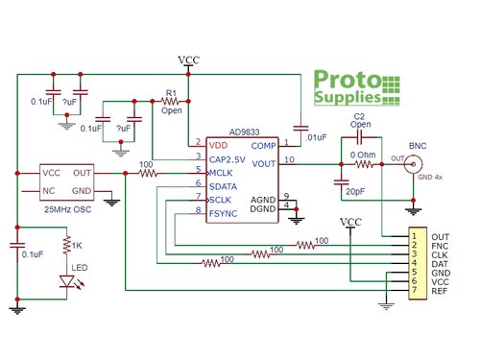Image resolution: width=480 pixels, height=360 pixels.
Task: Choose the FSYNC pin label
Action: [x=225, y=211]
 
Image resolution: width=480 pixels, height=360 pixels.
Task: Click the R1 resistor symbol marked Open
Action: [x=171, y=101]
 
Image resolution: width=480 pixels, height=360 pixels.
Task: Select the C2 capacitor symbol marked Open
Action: [x=361, y=141]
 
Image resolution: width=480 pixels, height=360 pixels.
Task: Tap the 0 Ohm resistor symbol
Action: [x=363, y=164]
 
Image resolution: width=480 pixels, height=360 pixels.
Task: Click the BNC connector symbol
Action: [x=416, y=164]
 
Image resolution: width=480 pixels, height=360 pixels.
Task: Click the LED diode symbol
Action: [x=66, y=281]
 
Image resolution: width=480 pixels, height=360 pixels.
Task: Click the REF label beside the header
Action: [x=441, y=290]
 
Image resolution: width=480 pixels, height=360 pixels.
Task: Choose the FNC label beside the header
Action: [x=441, y=245]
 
